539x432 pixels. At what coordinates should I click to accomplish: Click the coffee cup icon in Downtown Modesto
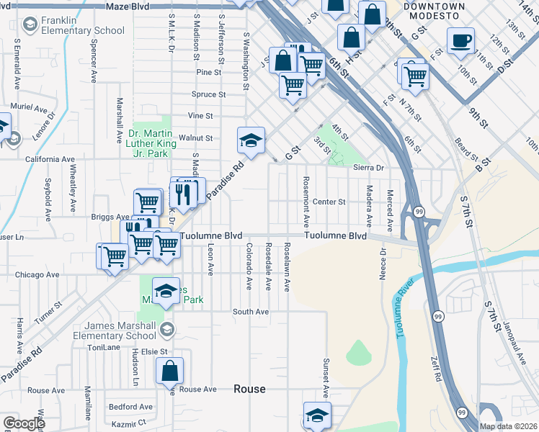(460, 40)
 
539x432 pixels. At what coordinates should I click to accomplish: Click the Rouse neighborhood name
(249, 389)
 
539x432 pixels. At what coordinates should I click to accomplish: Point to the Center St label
(329, 202)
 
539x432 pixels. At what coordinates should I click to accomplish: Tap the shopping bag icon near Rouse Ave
(169, 372)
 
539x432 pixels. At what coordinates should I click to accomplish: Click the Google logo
(23, 423)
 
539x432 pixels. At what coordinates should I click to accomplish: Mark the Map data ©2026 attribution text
(509, 426)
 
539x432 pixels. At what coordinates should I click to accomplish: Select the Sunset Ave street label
(326, 378)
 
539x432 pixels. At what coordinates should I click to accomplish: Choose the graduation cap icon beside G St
(251, 140)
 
